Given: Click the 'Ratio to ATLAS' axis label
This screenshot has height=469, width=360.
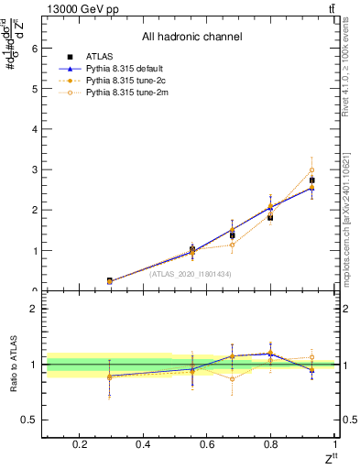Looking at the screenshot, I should (13, 365).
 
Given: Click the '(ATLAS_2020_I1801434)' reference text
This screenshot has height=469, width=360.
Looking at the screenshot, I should (191, 274).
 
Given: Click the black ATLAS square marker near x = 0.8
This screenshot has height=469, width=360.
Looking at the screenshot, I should (270, 217).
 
